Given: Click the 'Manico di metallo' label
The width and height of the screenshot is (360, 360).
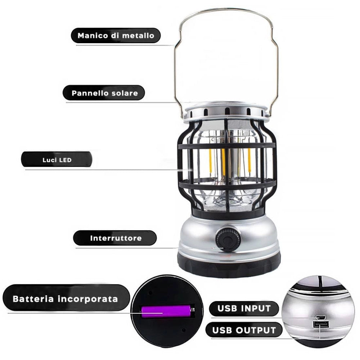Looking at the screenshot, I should point(116,36).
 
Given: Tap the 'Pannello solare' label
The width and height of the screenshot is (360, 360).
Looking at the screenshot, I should point(104,93).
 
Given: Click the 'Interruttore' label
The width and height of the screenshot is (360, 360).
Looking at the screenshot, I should point(115,238).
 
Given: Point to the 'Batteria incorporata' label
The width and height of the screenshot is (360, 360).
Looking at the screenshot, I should point(65,299).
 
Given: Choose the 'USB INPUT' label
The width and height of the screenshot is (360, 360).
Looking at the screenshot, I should point(244,309).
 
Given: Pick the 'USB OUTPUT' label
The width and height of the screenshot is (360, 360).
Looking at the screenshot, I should point(244,330).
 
